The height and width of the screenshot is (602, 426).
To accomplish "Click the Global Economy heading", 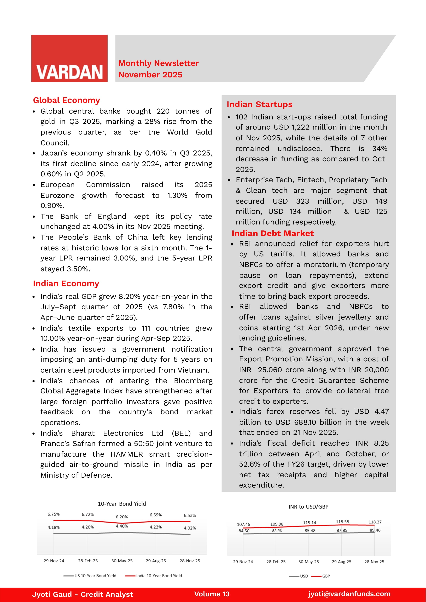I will pos(66,100).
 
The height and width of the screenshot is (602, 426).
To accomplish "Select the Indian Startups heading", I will pos(259,104).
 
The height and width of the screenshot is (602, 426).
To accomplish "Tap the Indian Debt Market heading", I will pos(273,233).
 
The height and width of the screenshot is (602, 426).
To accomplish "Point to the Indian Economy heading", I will pos(66,283).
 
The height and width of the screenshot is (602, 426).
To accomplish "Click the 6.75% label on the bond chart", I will pos(54,514).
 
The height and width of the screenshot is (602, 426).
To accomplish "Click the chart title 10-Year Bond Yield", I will pos(122,504).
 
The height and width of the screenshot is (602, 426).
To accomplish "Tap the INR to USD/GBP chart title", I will pos(308,507).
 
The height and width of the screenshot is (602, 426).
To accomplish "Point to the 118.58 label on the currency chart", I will pos(342,522).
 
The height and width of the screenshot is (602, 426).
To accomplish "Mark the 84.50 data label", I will pos(244,531).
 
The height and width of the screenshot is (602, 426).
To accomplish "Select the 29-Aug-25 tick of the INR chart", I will pos(342,562).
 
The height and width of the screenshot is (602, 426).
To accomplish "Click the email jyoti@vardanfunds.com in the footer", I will pos(349,594).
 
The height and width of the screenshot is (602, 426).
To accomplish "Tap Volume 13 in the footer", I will pos(212,594).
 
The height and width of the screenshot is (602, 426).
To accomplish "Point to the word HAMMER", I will pos(126,454).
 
